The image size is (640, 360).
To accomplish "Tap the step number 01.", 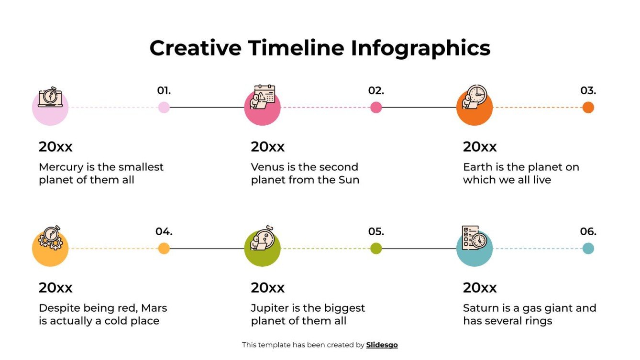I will coord(164,90).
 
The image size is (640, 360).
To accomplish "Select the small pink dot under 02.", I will coord(376,108).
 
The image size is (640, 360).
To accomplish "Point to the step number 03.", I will coord(588,90).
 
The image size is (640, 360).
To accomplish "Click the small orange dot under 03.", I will coord(588,108).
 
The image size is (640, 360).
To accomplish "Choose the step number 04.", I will coord(164,231).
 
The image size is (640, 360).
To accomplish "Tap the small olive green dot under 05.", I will coord(376,249).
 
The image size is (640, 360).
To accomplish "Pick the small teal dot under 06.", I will coord(588,249).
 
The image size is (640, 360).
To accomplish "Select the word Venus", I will coord(266,167).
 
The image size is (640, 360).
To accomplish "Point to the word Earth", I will coord(478,167).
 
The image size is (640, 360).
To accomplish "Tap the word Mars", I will coord(154,308).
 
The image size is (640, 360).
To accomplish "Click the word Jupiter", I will coord(271,308).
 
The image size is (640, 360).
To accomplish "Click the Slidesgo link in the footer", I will coord(382,345).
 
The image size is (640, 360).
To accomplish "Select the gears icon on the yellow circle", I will coord(50,238).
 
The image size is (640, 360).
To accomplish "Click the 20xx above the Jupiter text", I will coord(267,288).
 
